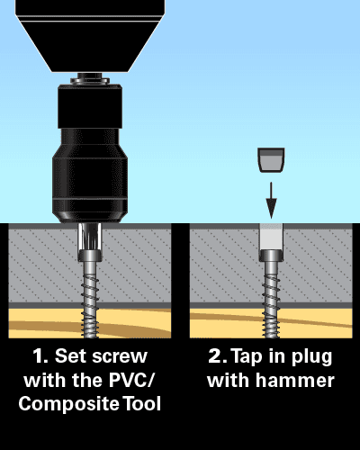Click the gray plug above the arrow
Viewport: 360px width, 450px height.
[x=271, y=160]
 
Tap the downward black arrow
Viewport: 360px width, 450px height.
[x=271, y=200]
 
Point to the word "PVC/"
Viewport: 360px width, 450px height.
[x=131, y=380]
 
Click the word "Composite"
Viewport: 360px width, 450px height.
[x=69, y=404]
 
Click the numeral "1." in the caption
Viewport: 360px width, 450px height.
[x=40, y=356]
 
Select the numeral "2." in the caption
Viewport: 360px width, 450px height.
[x=218, y=356]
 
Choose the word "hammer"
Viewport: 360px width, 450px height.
[x=295, y=381]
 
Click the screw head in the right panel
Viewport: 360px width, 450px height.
[x=271, y=256]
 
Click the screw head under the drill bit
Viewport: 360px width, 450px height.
[x=90, y=256]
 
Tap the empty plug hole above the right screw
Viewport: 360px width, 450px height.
[x=271, y=237]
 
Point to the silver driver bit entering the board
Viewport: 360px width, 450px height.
[x=90, y=237]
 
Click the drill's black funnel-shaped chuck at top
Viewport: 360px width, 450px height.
[x=90, y=36]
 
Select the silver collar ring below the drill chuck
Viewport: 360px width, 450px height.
[x=90, y=80]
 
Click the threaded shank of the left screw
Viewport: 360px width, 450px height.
[x=90, y=300]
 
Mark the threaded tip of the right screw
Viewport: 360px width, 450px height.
[x=271, y=324]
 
